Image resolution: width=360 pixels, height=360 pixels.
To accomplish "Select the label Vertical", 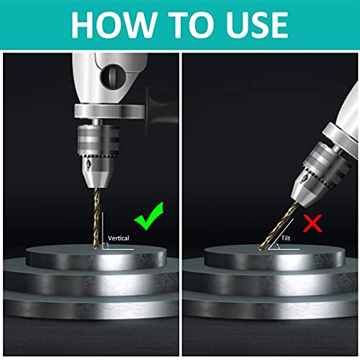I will pos(120,236).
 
